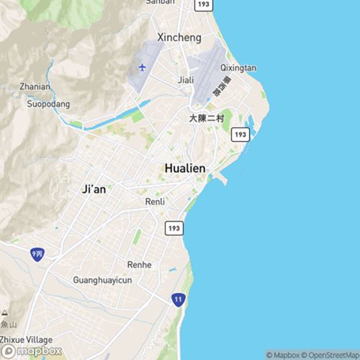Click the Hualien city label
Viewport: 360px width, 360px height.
click(x=185, y=168)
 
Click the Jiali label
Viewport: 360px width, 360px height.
click(x=186, y=81)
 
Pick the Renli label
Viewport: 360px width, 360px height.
click(x=155, y=202)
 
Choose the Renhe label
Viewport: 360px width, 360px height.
click(x=140, y=265)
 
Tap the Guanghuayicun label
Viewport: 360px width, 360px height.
click(x=102, y=279)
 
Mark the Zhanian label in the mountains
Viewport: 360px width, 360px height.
click(x=35, y=87)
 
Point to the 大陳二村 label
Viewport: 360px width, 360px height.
click(x=207, y=117)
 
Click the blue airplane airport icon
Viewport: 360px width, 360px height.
click(x=142, y=68)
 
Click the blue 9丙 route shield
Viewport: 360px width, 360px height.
click(x=37, y=254)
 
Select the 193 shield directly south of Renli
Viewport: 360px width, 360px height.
click(x=174, y=228)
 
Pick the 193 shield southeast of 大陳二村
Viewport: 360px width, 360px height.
click(x=240, y=135)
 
